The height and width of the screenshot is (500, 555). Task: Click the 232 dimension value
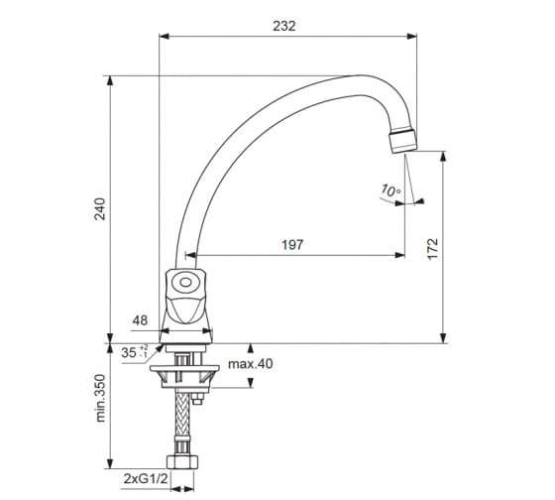(283, 26)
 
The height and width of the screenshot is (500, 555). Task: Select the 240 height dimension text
(100, 209)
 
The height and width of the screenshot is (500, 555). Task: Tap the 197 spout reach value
(292, 245)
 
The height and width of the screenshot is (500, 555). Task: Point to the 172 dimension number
(432, 249)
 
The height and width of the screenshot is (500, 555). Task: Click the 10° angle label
(390, 190)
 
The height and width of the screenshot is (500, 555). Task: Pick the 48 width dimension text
(140, 320)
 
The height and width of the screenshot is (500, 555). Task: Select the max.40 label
(250, 364)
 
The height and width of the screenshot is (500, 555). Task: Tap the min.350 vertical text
(100, 398)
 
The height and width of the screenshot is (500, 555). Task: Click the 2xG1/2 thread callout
(146, 479)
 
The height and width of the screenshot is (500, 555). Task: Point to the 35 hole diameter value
(129, 352)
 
